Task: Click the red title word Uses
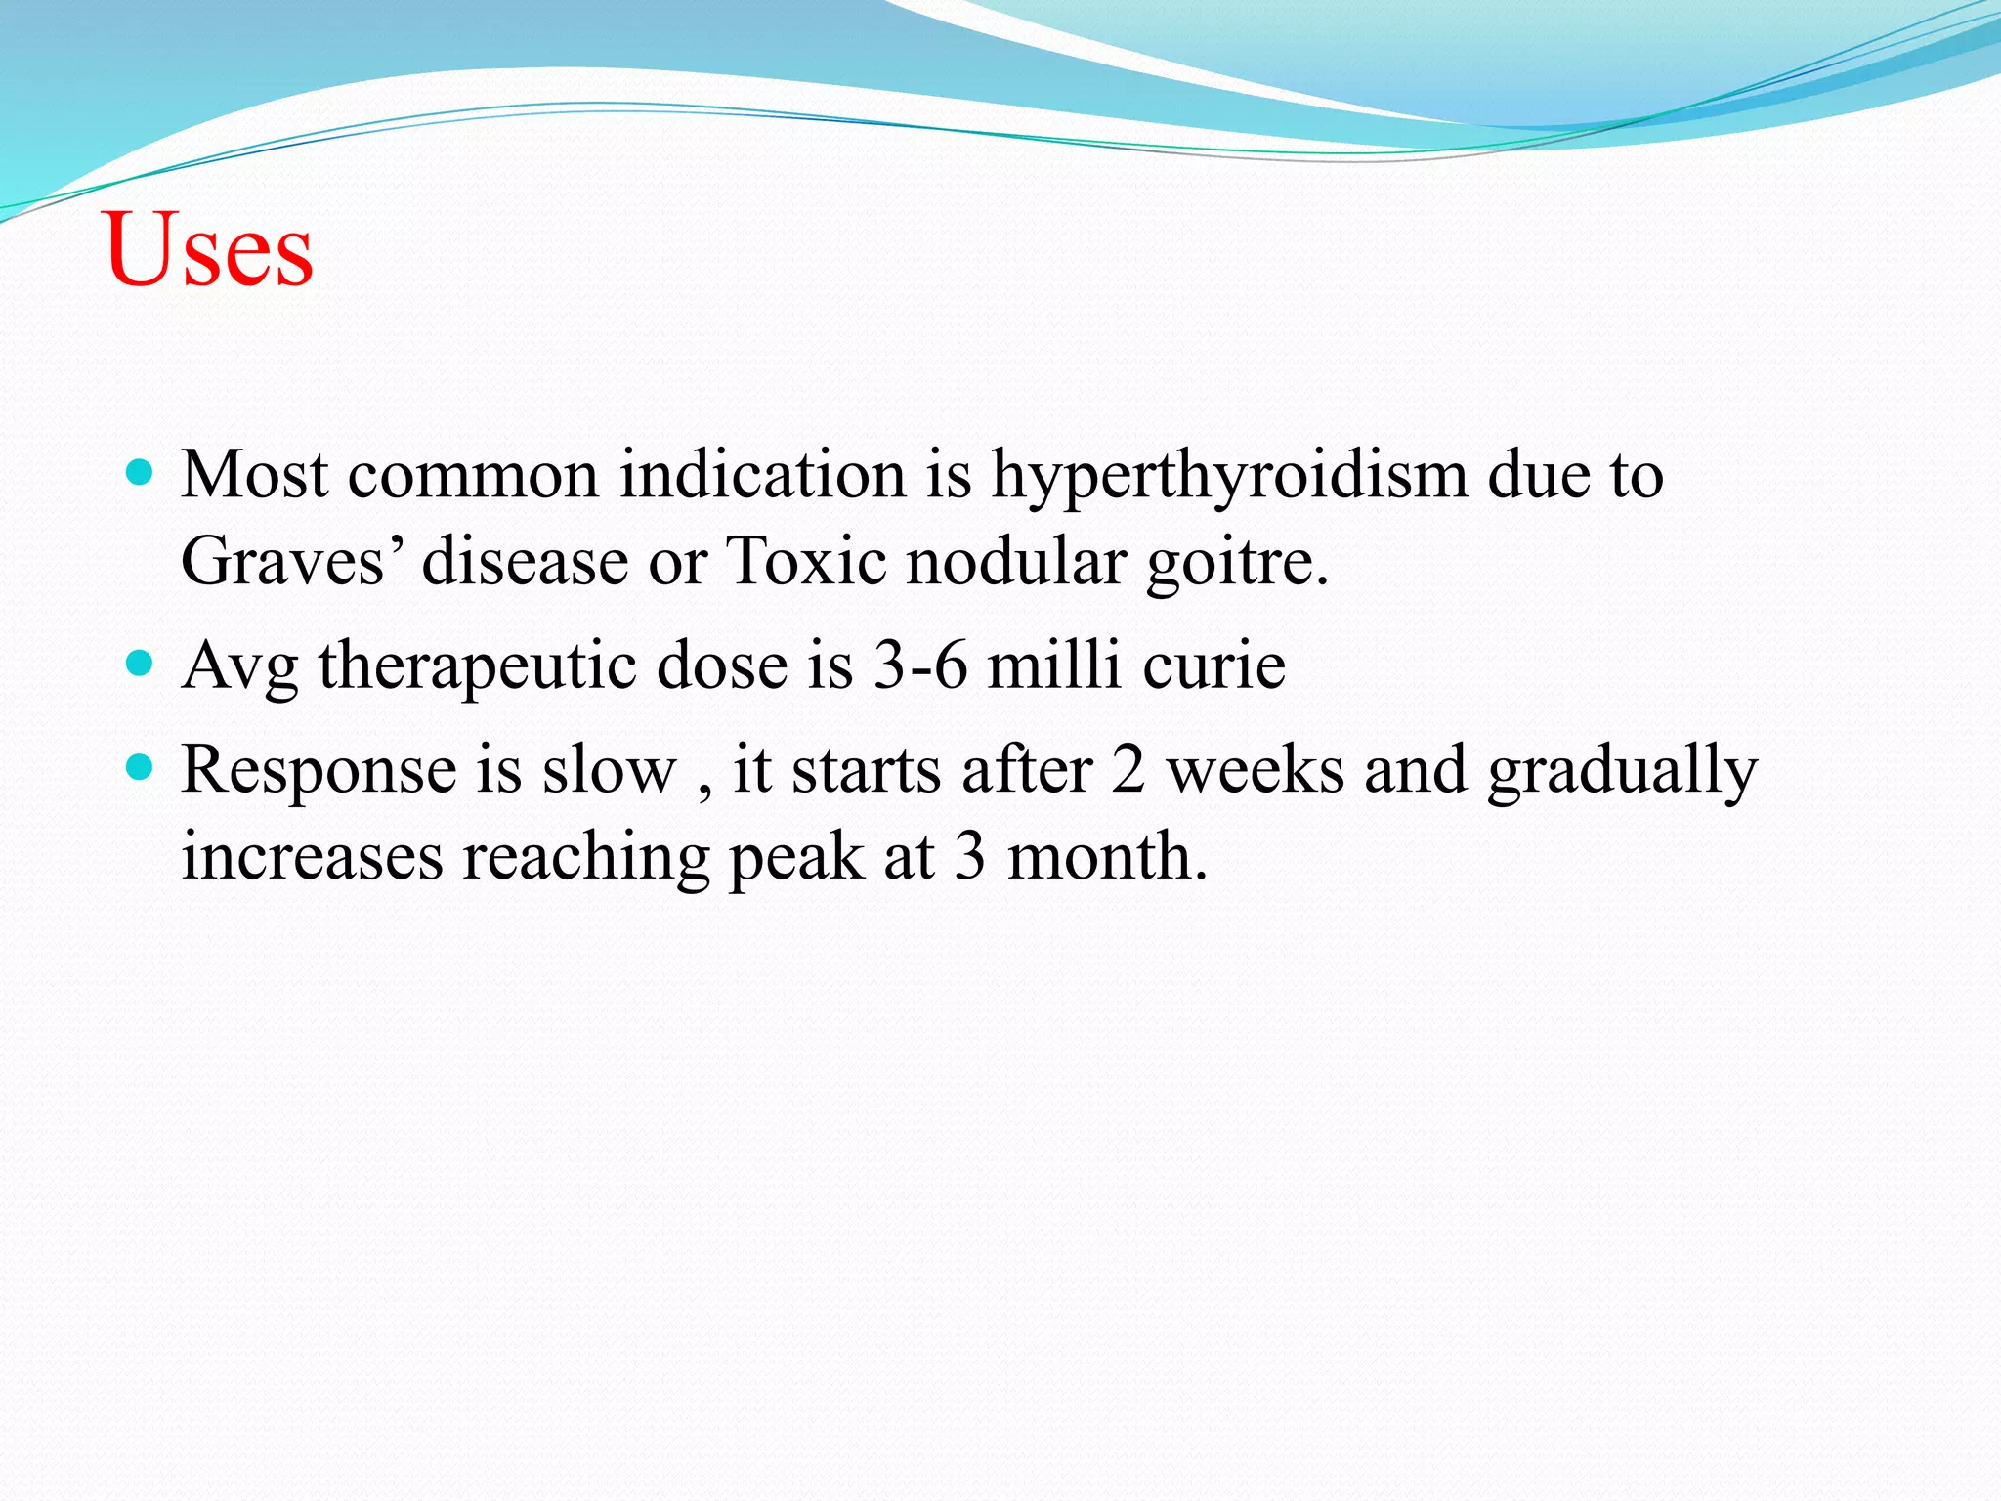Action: point(208,250)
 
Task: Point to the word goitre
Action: point(1237,565)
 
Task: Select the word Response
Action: point(319,772)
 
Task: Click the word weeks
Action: point(1256,770)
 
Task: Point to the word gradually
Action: point(1622,772)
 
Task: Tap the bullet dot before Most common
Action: point(141,474)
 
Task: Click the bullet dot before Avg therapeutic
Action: point(141,665)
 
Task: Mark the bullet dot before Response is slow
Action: point(141,769)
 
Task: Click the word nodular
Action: point(1016,563)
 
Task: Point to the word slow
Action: point(610,770)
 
